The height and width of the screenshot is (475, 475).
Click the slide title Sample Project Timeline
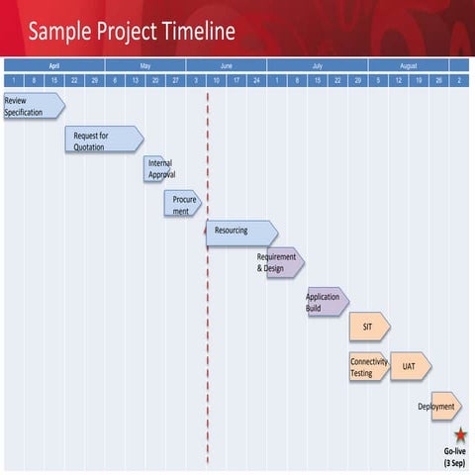coord(132,32)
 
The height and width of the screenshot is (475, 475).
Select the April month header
coord(54,64)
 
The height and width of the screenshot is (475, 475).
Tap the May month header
coord(144,64)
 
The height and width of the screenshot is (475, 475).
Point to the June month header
coord(226,64)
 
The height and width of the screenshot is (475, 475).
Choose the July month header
coord(317,64)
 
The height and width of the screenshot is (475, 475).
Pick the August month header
coord(408,64)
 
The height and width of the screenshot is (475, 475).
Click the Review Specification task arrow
coord(34,106)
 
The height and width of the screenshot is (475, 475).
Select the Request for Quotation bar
coord(103,141)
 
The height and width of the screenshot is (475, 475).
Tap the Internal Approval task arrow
coord(157,169)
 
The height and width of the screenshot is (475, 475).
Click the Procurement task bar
coord(182,205)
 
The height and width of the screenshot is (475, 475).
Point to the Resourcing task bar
coord(240,232)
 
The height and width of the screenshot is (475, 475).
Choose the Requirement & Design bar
coord(284,262)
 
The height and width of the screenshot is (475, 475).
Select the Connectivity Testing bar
coord(368,367)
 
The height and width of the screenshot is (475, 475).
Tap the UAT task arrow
coord(410,367)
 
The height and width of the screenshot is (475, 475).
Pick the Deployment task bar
coord(444,406)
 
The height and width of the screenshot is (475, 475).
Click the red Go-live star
coord(461,434)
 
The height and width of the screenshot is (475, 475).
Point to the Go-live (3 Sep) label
coord(454,456)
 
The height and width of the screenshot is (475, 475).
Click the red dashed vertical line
coord(208,327)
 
